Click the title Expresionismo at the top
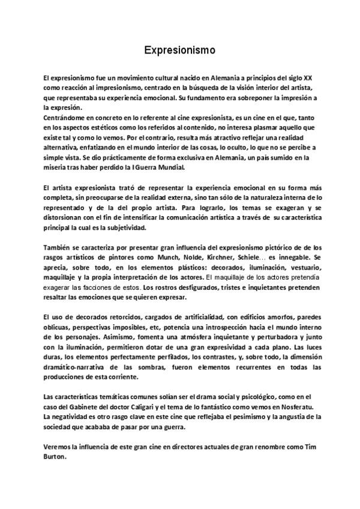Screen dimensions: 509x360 [x=179, y=50]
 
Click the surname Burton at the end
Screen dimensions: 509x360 [x=56, y=456]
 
